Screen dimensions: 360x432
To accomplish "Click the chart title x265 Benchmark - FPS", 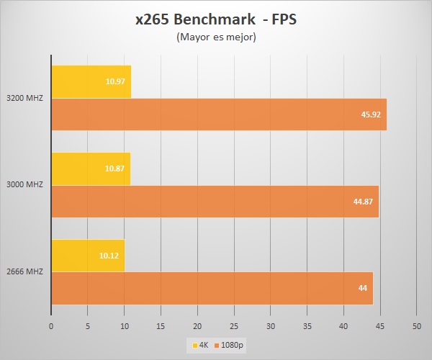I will coord(216,19).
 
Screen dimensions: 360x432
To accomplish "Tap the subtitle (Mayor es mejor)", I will coord(216,38).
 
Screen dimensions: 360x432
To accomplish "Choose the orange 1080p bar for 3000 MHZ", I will coord(215,202).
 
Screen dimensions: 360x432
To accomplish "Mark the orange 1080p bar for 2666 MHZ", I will coord(212,288).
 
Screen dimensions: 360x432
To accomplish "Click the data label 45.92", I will coord(370,114).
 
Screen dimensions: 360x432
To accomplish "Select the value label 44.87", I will coord(363,202).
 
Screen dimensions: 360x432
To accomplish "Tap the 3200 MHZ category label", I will coord(24,98).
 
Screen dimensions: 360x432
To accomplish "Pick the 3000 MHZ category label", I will coord(24,184).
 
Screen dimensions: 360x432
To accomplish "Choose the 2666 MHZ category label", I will coord(24,271).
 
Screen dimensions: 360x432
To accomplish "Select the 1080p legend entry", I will coord(229,346).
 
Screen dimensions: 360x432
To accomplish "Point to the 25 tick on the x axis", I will coord(234,326).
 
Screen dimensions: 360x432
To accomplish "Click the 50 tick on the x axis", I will coord(417,326).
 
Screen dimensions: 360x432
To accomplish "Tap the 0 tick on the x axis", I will coord(51,326).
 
